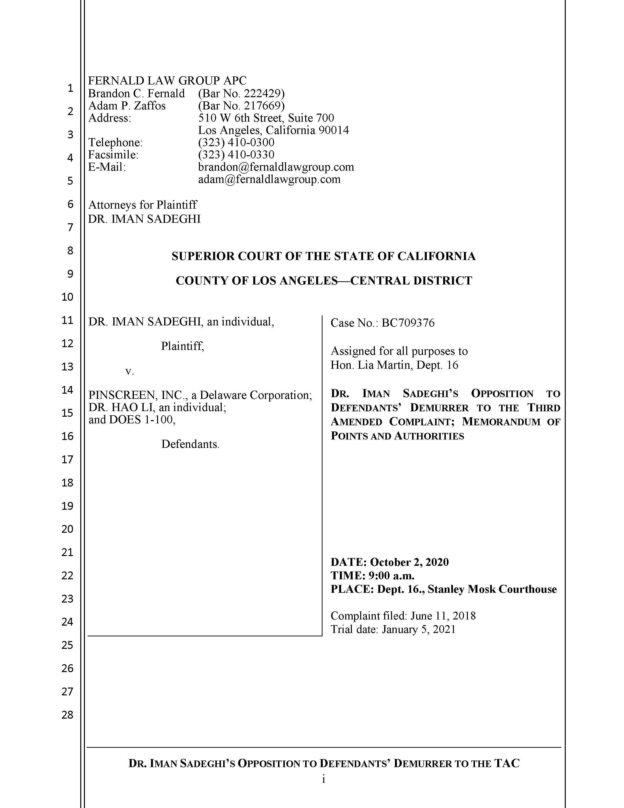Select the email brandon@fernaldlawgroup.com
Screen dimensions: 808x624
click(276, 167)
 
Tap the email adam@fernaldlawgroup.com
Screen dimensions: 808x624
click(269, 179)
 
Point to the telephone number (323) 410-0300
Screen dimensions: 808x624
click(236, 143)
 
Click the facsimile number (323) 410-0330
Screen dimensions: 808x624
click(236, 155)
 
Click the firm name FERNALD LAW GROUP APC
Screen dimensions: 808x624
click(167, 81)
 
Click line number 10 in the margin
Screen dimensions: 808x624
click(67, 297)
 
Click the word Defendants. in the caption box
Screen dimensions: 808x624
click(190, 444)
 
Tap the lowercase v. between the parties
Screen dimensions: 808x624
click(129, 371)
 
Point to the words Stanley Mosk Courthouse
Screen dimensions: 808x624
click(492, 589)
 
